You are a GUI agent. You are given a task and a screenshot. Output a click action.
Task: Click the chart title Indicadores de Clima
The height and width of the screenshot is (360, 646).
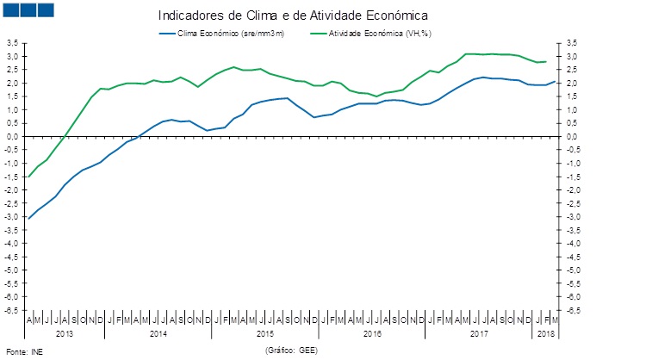[x=293, y=16]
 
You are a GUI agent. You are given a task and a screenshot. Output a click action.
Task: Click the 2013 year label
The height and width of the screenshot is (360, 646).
[x=64, y=332]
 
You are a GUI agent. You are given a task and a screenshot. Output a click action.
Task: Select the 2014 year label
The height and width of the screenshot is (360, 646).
[x=158, y=332]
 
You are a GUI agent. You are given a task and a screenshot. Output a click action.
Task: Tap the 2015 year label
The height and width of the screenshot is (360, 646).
[x=265, y=332]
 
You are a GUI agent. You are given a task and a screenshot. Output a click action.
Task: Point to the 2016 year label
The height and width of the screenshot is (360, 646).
[x=372, y=332]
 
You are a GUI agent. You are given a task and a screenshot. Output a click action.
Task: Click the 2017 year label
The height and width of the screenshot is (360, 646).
[x=479, y=332]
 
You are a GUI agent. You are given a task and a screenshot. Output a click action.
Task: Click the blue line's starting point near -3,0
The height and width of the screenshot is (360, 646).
[x=28, y=218]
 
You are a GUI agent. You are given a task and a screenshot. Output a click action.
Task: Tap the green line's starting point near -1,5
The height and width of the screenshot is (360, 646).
[x=28, y=177]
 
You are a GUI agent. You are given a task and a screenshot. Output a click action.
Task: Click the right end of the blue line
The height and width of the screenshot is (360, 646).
[x=555, y=81]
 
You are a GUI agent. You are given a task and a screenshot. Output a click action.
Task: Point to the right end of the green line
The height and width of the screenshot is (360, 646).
[x=546, y=61]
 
